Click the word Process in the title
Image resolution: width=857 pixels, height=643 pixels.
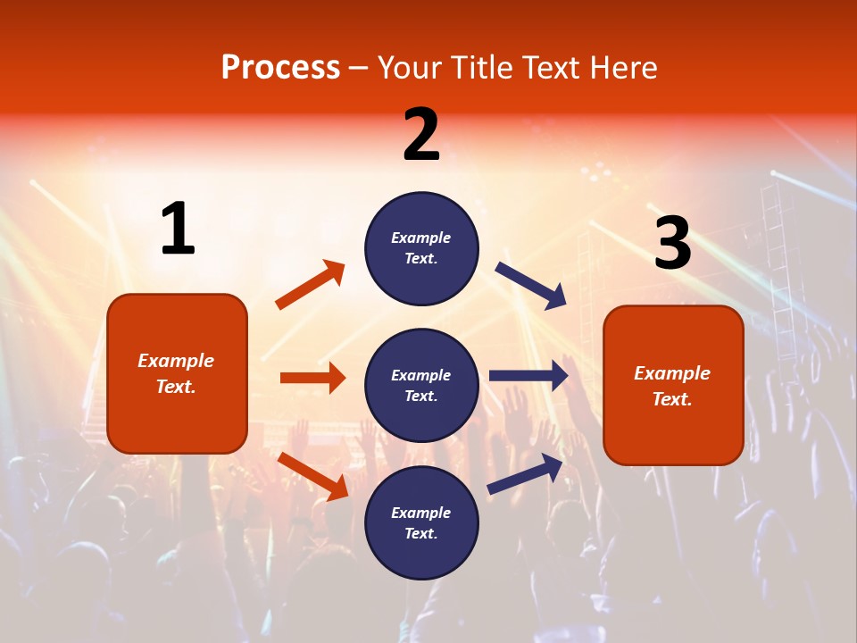click(x=280, y=67)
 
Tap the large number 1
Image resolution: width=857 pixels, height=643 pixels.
click(x=177, y=230)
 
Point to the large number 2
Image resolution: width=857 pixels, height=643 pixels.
click(x=421, y=135)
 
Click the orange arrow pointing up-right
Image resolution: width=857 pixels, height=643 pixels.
click(x=310, y=285)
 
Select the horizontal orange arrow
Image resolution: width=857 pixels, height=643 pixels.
click(x=312, y=378)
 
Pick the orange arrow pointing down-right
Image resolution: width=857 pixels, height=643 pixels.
click(x=313, y=476)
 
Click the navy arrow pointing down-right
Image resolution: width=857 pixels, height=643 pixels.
click(x=530, y=285)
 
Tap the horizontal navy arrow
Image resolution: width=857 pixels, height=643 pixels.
click(x=528, y=376)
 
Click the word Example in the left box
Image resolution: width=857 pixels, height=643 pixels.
click(x=176, y=361)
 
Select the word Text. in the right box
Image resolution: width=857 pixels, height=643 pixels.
click(x=672, y=399)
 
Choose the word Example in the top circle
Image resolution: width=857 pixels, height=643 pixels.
click(x=421, y=238)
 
